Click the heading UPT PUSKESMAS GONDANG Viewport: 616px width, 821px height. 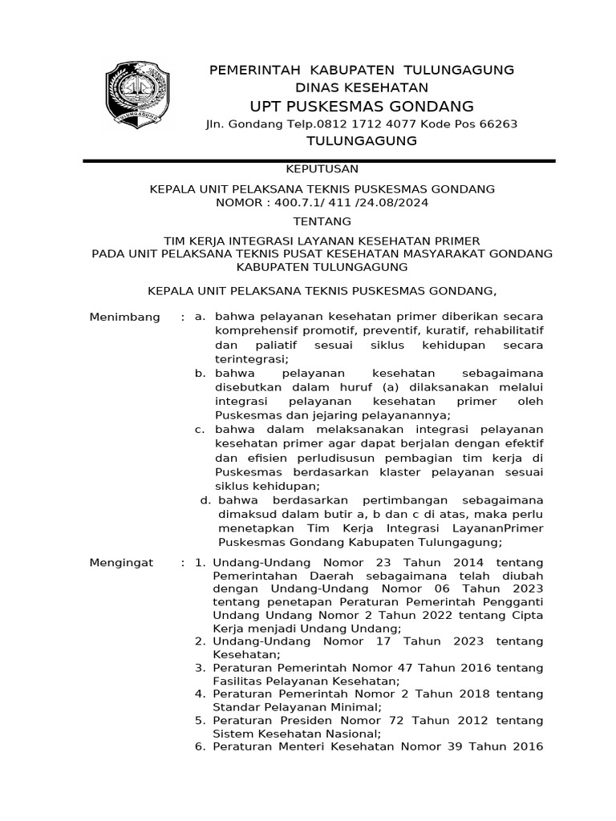(x=362, y=107)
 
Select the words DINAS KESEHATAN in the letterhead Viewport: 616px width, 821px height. (x=362, y=87)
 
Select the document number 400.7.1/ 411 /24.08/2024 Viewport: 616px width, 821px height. (x=351, y=203)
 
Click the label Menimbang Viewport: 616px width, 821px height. (x=124, y=317)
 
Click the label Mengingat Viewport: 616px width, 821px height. (x=121, y=564)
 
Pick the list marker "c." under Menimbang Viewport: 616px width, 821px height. (x=201, y=430)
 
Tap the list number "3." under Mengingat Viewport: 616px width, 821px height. (x=201, y=667)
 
